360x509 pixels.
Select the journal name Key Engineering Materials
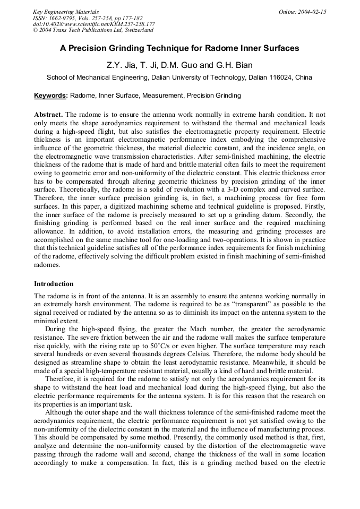[65, 11]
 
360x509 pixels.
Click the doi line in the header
[93, 24]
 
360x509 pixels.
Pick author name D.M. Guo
[181, 65]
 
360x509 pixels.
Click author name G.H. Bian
[234, 65]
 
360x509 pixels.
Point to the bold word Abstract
[48, 114]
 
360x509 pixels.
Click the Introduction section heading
[54, 284]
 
